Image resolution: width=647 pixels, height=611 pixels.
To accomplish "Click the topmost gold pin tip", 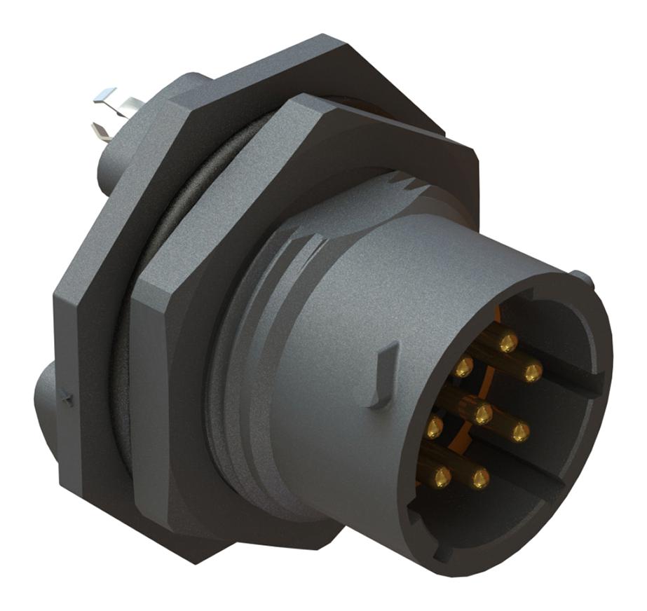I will [x=508, y=343].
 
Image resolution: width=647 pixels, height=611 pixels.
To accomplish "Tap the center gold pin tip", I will [x=482, y=415].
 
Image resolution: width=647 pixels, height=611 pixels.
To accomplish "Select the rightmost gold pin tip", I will [x=533, y=373].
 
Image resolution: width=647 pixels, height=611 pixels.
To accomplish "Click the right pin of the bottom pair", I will [x=480, y=479].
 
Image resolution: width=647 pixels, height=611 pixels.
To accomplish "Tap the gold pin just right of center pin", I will [x=519, y=432].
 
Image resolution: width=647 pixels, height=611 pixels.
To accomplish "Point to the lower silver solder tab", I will [x=102, y=130].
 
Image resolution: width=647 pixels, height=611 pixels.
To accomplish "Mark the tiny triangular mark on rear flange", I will [x=67, y=399].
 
